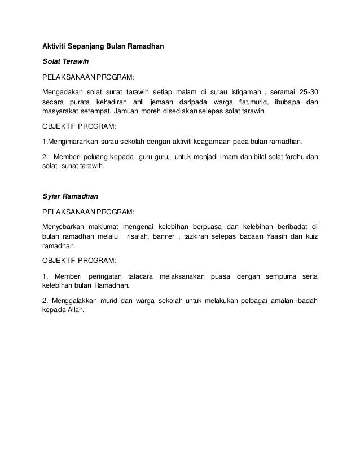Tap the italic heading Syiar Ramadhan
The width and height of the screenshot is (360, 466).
pos(71,197)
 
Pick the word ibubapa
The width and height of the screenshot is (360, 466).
pos(284,102)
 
